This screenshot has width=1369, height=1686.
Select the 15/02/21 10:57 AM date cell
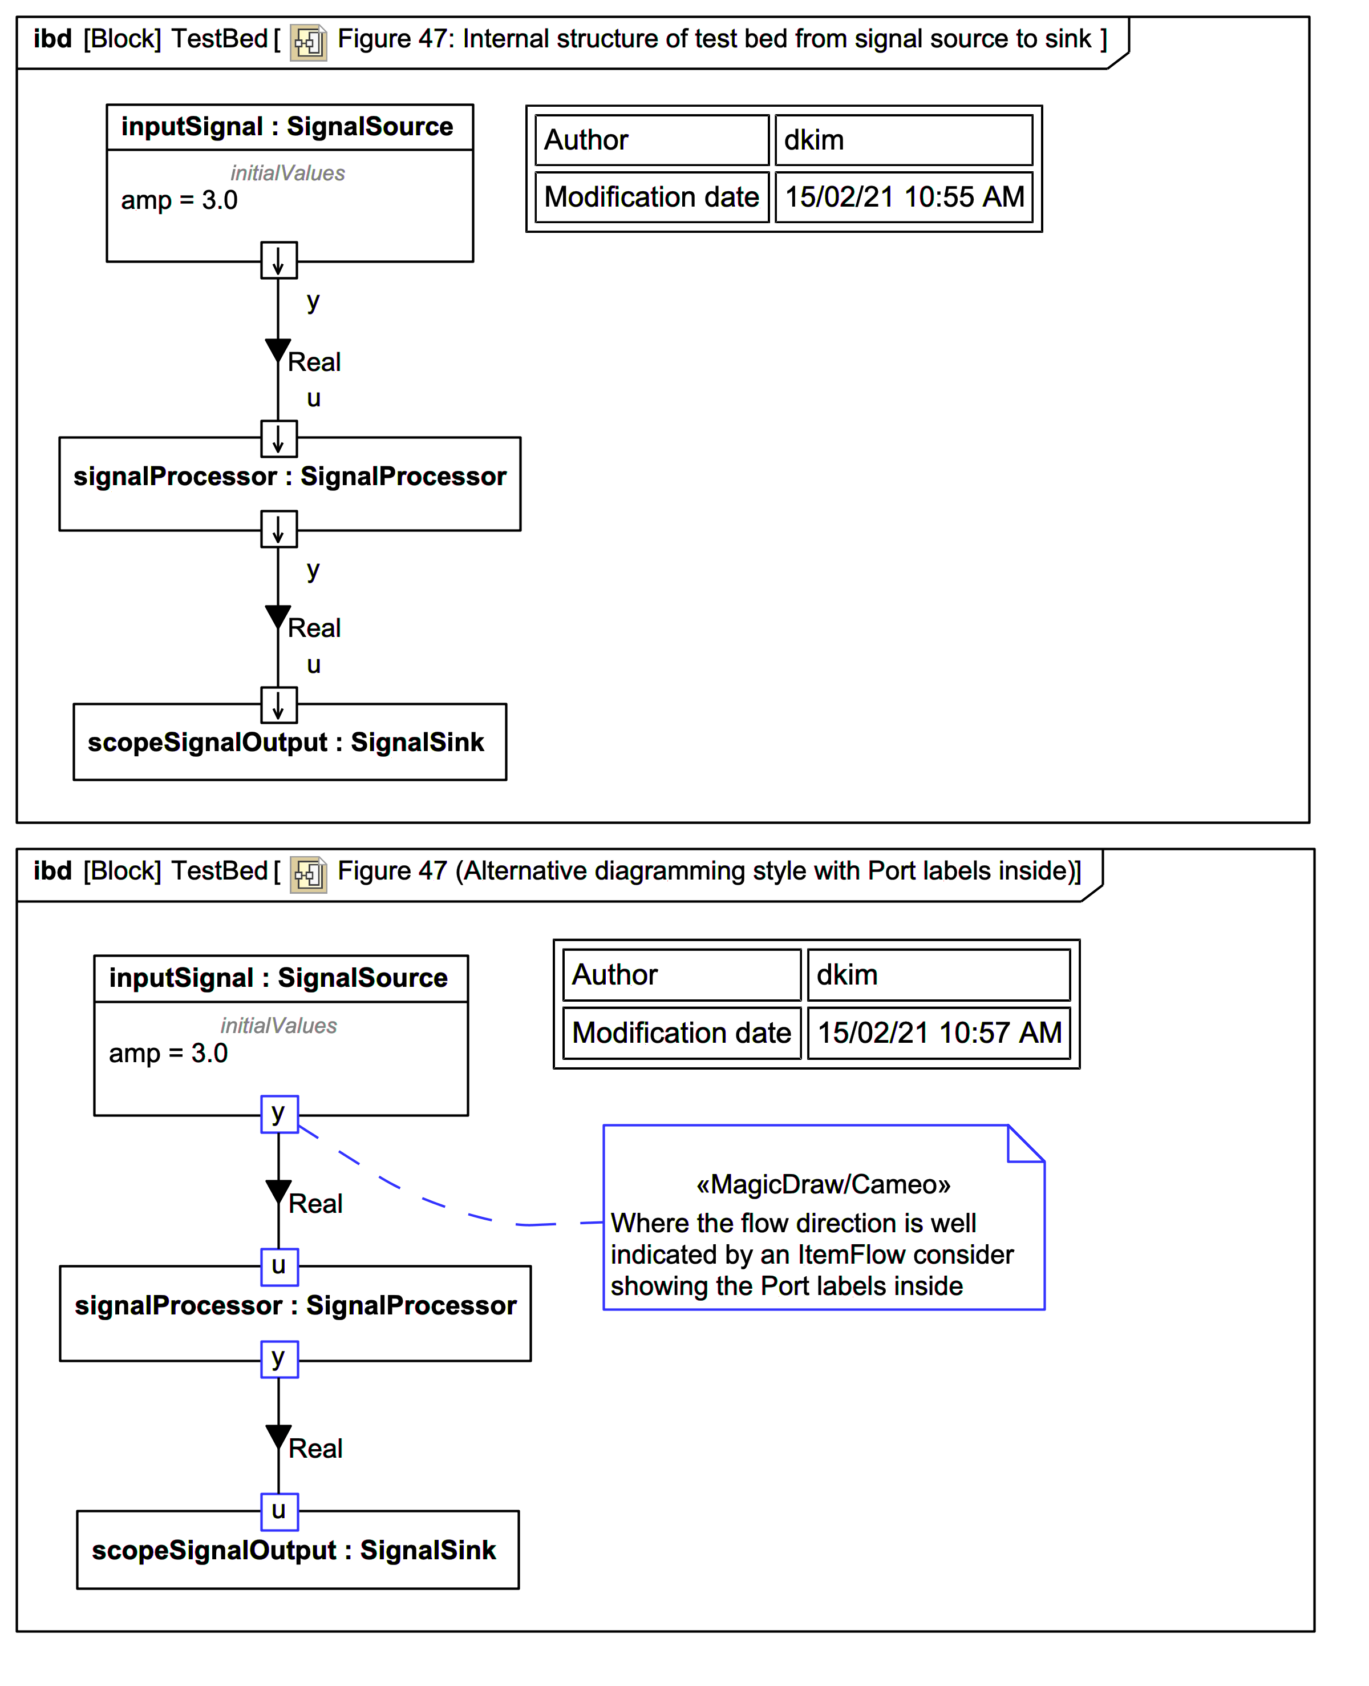938,1032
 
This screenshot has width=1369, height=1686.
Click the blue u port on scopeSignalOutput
279,1511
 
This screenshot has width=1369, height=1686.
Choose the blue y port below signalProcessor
279,1358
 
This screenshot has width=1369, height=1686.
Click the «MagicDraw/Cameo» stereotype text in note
823,1184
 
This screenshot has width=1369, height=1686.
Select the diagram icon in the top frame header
309,42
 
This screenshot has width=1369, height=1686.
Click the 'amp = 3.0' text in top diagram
179,200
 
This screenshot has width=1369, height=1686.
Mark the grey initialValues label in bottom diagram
278,1026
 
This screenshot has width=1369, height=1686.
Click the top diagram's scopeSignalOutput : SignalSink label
285,743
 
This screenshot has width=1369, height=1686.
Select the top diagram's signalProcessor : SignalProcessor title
289,477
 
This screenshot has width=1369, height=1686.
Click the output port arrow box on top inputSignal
279,260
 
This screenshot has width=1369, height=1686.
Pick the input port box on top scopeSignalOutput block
279,704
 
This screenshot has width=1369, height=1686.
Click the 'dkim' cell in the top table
904,140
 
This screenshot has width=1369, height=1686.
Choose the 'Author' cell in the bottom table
681,975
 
